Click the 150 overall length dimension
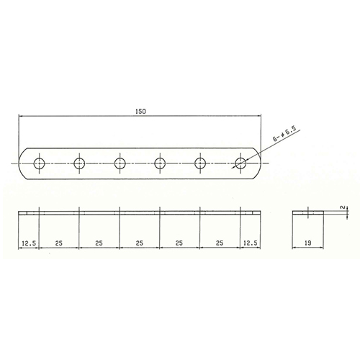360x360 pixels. [x=140, y=112]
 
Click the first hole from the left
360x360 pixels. [x=39, y=163]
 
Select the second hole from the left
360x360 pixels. [x=79, y=163]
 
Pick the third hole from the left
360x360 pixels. [x=120, y=163]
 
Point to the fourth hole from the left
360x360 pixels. [x=160, y=163]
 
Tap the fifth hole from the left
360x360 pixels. [x=200, y=163]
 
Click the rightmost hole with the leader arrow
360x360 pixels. [x=240, y=163]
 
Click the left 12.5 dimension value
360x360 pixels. [x=29, y=243]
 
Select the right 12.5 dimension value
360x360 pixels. [x=251, y=243]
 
